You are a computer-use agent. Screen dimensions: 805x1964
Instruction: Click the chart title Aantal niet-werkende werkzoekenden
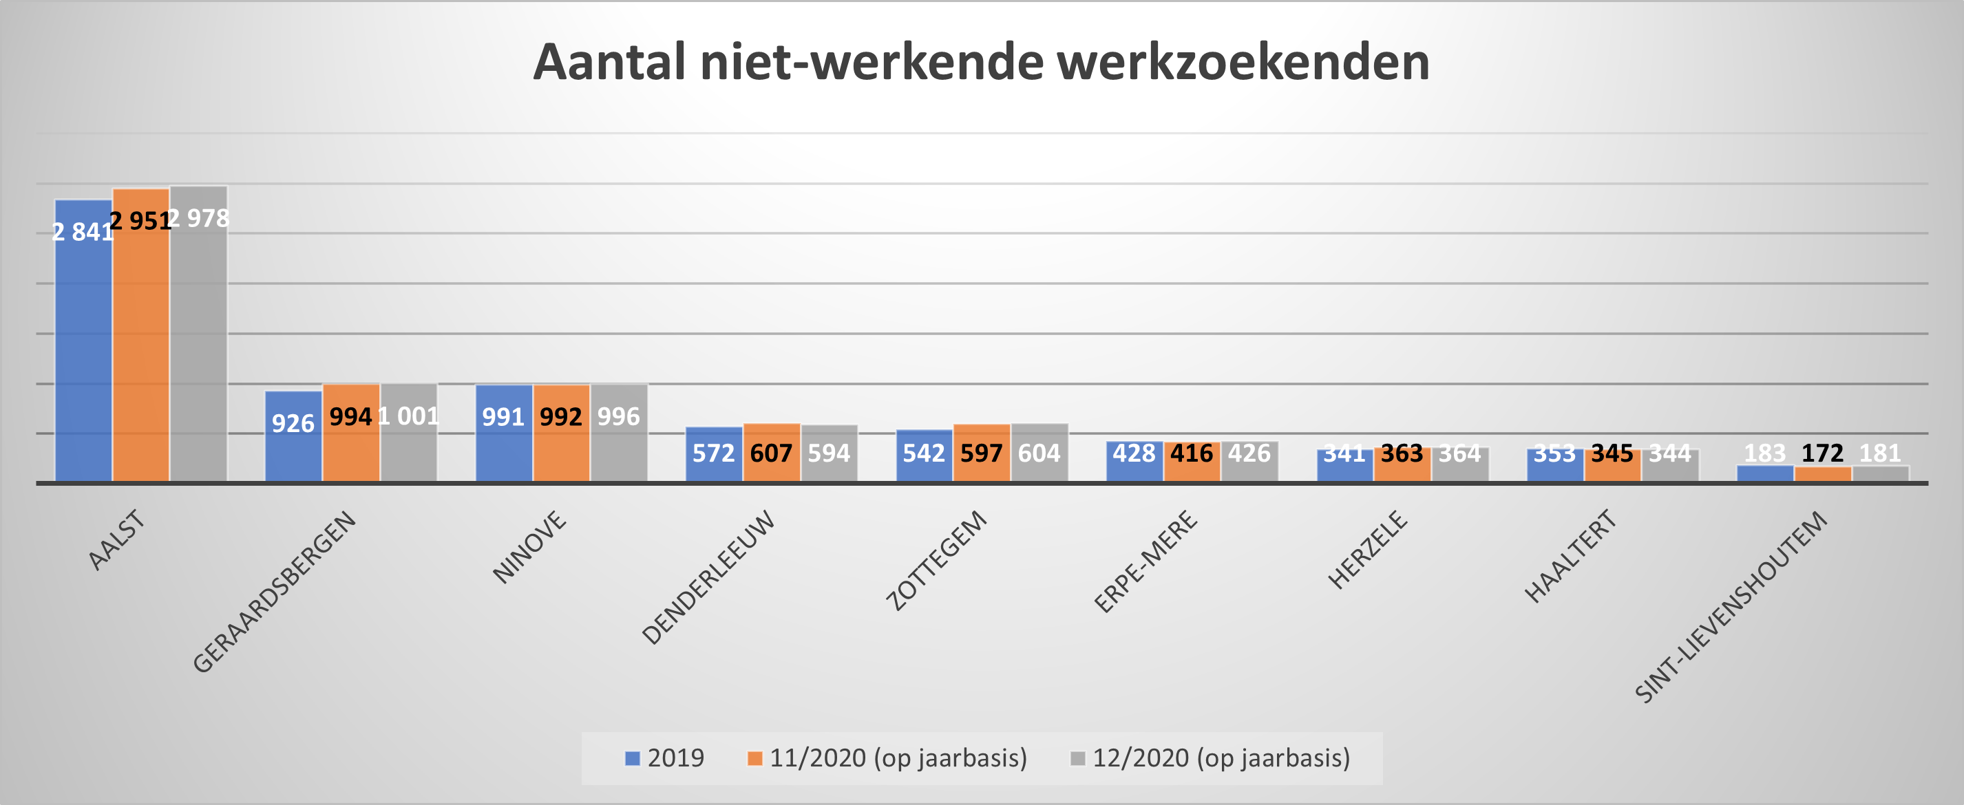(981, 62)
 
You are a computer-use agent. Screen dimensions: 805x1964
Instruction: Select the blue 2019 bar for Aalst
(83, 343)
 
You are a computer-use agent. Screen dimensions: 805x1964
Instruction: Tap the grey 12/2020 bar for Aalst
(198, 343)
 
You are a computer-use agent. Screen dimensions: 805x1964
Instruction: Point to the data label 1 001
(409, 416)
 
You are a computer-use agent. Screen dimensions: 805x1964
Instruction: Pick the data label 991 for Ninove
(503, 417)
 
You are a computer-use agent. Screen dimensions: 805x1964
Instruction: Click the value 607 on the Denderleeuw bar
(771, 453)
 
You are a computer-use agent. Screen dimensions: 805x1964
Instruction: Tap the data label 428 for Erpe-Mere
(1134, 453)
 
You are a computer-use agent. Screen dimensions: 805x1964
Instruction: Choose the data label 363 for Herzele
(1402, 453)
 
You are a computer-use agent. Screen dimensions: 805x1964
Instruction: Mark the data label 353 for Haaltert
(1554, 453)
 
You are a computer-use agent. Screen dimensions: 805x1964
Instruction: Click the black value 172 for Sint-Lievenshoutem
(1822, 453)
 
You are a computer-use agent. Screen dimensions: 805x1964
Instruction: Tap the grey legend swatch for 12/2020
(1077, 758)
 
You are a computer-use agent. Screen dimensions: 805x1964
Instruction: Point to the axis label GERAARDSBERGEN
(275, 592)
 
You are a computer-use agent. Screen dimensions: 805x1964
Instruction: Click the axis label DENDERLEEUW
(708, 577)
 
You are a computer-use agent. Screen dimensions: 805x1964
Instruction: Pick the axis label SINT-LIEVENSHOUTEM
(1731, 607)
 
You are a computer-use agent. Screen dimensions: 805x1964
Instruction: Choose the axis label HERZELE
(1368, 550)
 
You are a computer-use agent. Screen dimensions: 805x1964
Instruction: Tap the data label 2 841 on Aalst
(83, 232)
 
